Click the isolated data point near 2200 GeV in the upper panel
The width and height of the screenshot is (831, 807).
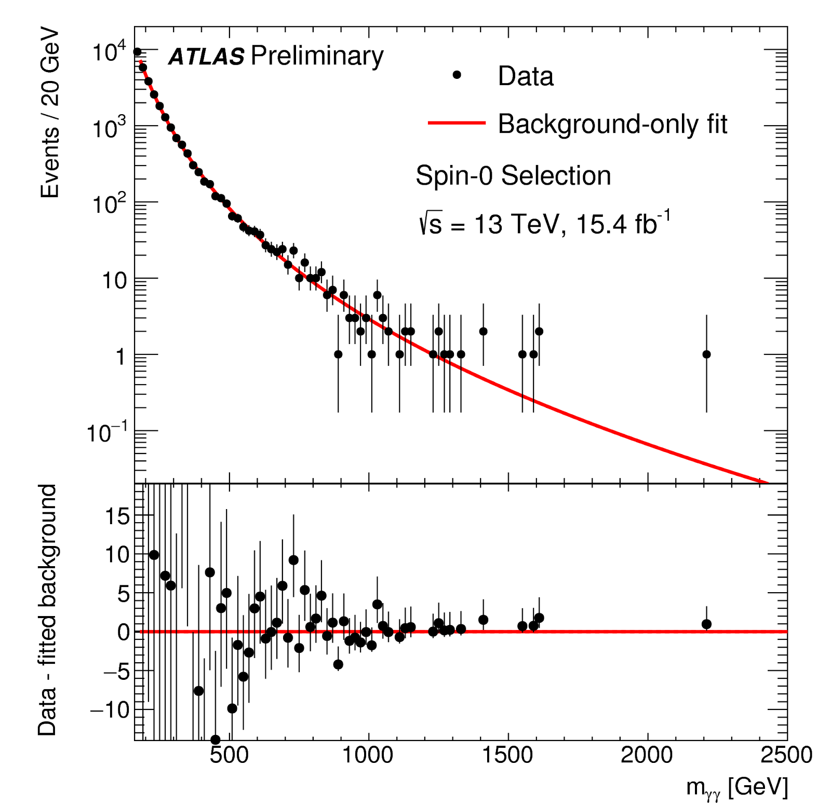point(706,354)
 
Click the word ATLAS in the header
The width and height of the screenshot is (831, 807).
point(206,57)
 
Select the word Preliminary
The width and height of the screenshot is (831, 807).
point(317,56)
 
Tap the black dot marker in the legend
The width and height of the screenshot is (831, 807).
point(457,75)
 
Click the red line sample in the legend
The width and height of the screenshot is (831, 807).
point(457,123)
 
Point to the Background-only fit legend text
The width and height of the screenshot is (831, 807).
point(612,124)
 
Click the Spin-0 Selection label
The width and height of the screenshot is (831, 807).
point(513,175)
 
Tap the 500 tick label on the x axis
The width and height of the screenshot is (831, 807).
point(229,755)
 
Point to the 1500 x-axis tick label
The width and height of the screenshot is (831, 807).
point(507,755)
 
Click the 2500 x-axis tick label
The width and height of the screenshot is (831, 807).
point(786,755)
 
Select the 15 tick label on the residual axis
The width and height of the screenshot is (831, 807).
point(117,516)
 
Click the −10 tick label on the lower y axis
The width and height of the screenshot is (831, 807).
point(110,709)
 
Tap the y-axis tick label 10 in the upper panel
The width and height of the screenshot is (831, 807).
point(114,281)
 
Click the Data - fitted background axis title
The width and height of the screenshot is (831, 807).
point(47,610)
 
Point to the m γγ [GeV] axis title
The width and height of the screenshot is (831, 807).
point(737,787)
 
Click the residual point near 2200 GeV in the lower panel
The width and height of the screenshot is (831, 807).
point(706,624)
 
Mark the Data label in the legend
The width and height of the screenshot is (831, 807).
point(526,76)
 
